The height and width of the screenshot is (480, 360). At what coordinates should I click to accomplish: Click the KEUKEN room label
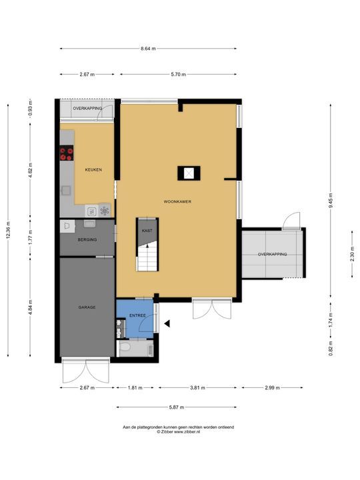(x=93, y=169)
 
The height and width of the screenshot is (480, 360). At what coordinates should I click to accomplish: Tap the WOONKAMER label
(x=177, y=202)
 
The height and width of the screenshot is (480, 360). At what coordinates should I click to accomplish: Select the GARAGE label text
(x=87, y=307)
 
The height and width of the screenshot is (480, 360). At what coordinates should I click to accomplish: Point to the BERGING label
(x=87, y=240)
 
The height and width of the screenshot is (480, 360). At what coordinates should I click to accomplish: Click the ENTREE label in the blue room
(x=137, y=315)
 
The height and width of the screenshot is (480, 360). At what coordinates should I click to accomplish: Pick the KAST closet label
(x=147, y=231)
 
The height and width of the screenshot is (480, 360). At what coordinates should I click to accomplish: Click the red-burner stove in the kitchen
(x=67, y=153)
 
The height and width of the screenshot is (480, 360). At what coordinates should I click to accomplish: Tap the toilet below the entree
(x=125, y=347)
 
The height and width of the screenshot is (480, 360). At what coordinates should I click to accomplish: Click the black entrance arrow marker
(x=167, y=323)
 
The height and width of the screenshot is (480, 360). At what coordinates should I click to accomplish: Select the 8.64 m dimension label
(x=148, y=49)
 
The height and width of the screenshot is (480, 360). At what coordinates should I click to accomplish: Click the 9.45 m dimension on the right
(x=331, y=201)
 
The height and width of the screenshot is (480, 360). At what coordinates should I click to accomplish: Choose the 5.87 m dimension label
(x=177, y=407)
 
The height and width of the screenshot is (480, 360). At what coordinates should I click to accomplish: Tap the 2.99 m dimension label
(x=272, y=387)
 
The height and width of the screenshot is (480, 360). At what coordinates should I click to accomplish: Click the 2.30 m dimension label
(x=352, y=254)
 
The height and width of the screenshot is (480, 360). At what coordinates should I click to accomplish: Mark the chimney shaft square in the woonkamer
(x=189, y=173)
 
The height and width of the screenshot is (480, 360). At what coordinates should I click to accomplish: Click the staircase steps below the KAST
(x=147, y=257)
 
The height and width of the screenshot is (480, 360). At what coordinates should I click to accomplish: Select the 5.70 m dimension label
(x=179, y=74)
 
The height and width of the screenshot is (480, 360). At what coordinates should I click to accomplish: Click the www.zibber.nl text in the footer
(x=187, y=431)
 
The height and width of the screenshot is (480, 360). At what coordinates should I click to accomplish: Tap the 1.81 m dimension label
(x=135, y=387)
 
